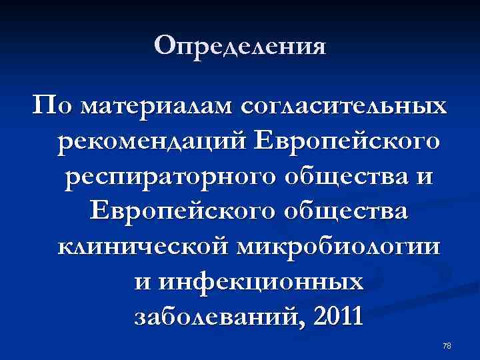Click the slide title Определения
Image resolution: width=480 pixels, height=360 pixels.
(240, 47)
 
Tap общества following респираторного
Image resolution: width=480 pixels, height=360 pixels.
(351, 179)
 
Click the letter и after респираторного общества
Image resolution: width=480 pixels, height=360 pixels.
(426, 179)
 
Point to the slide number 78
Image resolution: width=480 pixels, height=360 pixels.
(447, 345)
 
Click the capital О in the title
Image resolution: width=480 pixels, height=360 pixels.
(164, 46)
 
